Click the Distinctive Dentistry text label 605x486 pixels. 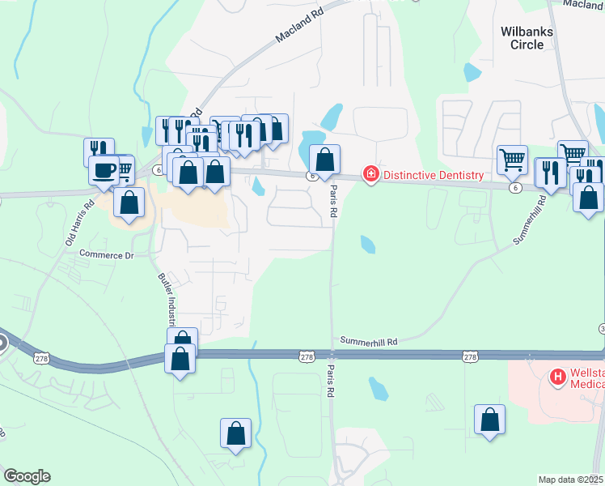[x=433, y=175]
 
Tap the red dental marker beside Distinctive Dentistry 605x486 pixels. [x=371, y=174]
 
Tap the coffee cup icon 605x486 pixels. [x=103, y=171]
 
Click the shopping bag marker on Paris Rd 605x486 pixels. [x=324, y=160]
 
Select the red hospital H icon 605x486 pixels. [x=556, y=377]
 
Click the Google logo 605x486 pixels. [x=27, y=476]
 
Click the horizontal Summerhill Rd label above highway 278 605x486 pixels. [x=369, y=342]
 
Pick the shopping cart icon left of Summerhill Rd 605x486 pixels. [x=511, y=160]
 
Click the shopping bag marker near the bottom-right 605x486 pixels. [x=489, y=420]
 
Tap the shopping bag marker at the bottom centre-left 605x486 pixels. [x=236, y=433]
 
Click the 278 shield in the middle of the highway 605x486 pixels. [x=306, y=356]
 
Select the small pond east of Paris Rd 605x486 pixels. [x=367, y=244]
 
